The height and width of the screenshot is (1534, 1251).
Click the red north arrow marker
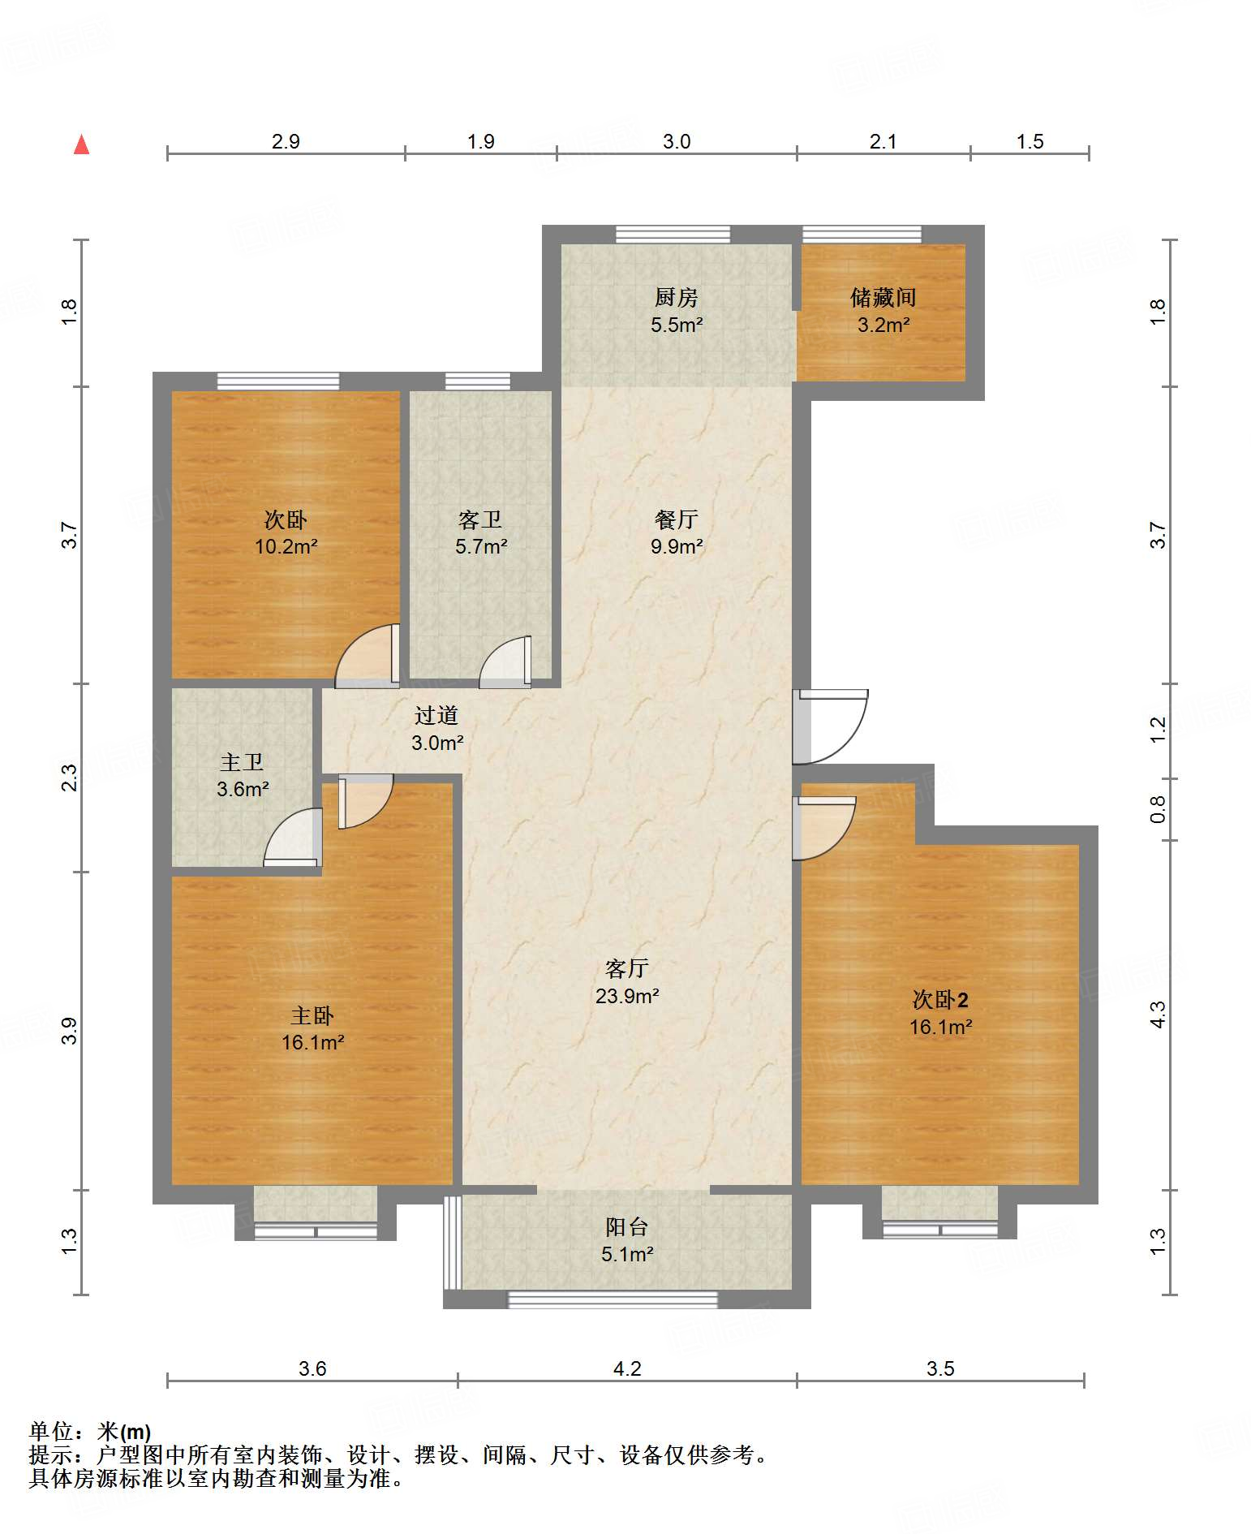tap(81, 144)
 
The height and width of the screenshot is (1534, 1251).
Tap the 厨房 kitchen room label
tap(677, 298)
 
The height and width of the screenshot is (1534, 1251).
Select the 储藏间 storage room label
tap(883, 298)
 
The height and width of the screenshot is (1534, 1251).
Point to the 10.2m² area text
tap(286, 546)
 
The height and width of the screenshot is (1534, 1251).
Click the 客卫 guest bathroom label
tap(480, 519)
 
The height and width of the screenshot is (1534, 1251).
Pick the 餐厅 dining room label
tap(677, 519)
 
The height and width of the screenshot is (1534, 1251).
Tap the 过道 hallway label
tap(436, 715)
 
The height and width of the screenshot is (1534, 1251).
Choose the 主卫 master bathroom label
tap(242, 762)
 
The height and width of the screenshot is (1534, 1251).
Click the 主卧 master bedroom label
tap(312, 1015)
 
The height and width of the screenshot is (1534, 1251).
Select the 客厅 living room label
tap(627, 968)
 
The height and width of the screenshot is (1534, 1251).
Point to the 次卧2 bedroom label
tap(940, 1000)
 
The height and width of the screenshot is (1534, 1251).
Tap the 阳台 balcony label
tap(627, 1227)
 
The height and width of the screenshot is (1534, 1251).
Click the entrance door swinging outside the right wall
tap(830, 727)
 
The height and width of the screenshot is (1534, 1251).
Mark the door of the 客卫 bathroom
tap(505, 661)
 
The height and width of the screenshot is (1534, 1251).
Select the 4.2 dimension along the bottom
tap(627, 1369)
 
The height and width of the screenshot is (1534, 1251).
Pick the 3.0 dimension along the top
tap(677, 141)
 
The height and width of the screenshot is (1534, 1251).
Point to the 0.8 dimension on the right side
tap(1158, 809)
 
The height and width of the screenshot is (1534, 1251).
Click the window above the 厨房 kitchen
tap(673, 235)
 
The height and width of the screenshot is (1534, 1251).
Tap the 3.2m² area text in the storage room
tap(883, 325)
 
